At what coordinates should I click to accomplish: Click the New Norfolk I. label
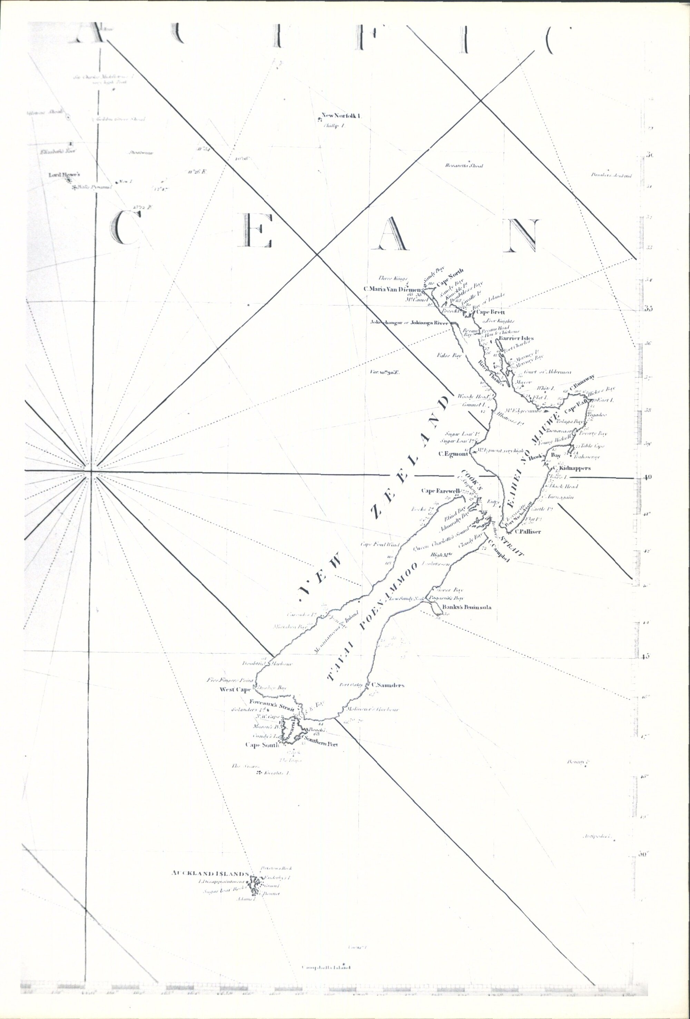click(341, 116)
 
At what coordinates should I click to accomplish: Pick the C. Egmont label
click(454, 454)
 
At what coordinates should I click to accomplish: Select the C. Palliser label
click(528, 532)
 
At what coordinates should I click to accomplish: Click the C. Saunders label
click(387, 697)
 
